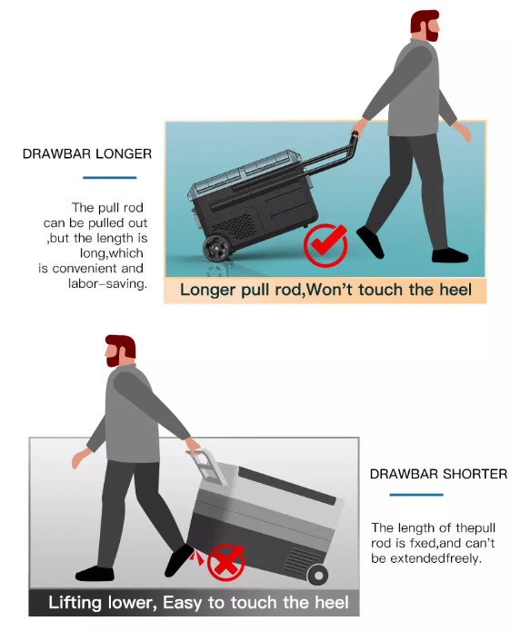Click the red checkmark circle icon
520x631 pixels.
325,245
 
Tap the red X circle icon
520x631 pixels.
226,562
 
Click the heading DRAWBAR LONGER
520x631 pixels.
87,153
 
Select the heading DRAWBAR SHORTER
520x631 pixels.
438,474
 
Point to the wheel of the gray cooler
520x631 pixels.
318,575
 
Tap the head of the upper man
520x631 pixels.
425,25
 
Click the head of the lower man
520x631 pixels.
120,350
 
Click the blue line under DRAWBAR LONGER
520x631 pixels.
110,177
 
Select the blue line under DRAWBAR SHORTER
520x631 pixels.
416,495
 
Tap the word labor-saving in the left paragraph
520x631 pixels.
107,283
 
